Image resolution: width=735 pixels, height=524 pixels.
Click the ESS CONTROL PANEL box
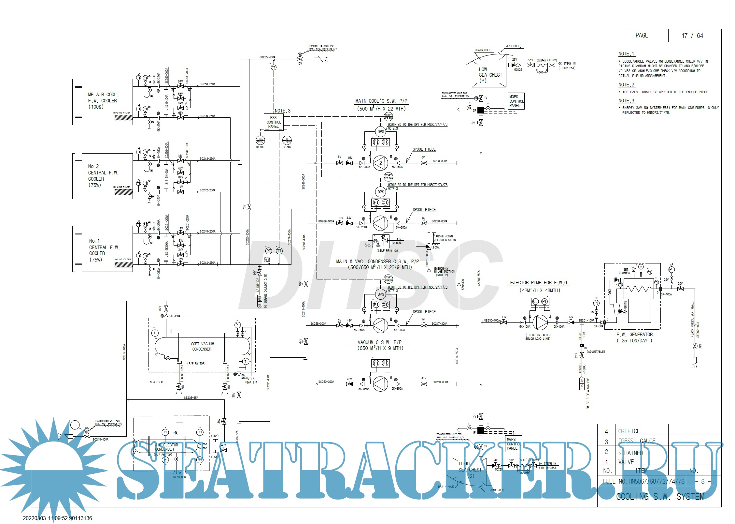click(x=273, y=122)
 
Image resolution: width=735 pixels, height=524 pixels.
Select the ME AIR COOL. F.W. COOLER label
click(x=103, y=100)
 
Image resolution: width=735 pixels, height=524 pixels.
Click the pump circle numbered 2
click(x=380, y=163)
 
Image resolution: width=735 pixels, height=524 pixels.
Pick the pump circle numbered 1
click(x=380, y=223)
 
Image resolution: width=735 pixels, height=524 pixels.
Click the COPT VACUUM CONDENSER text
click(x=202, y=346)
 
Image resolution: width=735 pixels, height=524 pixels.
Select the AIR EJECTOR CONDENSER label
click(x=166, y=447)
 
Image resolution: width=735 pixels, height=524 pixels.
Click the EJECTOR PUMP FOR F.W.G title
click(x=538, y=283)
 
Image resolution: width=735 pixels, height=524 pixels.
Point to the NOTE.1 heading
click(x=626, y=54)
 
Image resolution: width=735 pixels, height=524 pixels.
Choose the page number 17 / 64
click(x=692, y=36)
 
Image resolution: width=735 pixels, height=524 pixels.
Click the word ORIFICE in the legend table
click(x=629, y=431)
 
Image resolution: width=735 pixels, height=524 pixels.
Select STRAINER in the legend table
click(x=630, y=453)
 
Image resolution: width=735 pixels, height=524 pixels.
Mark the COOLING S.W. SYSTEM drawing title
click(x=660, y=496)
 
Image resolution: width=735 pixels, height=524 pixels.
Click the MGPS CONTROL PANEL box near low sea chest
click(x=516, y=101)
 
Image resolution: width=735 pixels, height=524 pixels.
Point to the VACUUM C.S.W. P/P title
click(x=380, y=342)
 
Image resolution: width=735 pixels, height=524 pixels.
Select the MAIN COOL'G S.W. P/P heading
click(x=381, y=101)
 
